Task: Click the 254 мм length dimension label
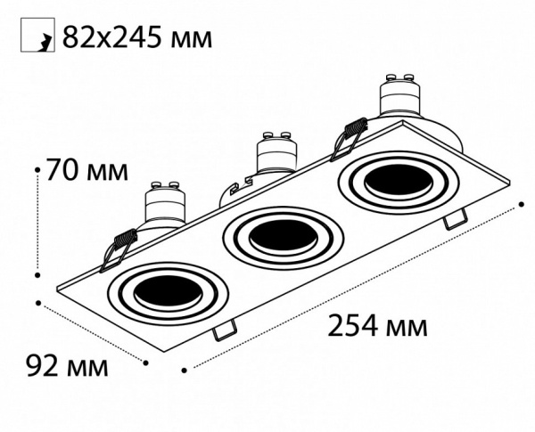[377, 326]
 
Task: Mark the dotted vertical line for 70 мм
[37, 218]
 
